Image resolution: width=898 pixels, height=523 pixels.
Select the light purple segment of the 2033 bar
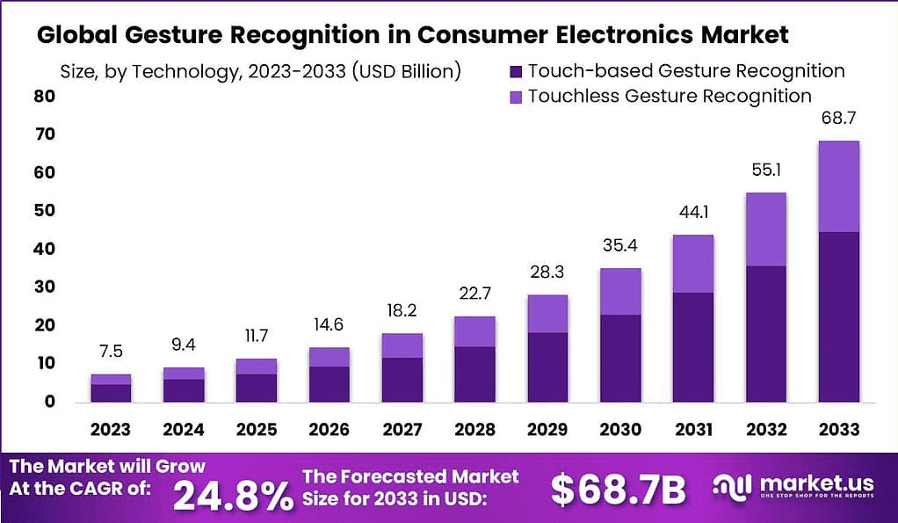pyautogui.click(x=838, y=186)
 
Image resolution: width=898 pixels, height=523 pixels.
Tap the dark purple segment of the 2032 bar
pyautogui.click(x=765, y=334)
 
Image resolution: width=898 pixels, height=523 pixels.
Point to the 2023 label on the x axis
pyautogui.click(x=110, y=430)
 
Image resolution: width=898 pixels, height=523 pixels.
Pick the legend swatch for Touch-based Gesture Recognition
pyautogui.click(x=515, y=71)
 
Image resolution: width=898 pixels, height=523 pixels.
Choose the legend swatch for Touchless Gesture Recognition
pyautogui.click(x=515, y=96)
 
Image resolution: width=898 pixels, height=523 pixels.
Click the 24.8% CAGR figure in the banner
pyautogui.click(x=233, y=494)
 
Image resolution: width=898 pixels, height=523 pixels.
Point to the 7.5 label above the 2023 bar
pyautogui.click(x=111, y=351)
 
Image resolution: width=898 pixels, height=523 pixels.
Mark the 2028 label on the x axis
pyautogui.click(x=474, y=430)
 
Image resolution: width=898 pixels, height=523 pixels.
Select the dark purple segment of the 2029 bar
pyautogui.click(x=547, y=367)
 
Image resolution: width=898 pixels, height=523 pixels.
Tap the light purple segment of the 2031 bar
pyautogui.click(x=692, y=264)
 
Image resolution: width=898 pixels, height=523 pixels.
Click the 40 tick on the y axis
pyautogui.click(x=45, y=249)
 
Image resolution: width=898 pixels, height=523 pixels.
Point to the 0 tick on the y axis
pyautogui.click(x=51, y=402)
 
